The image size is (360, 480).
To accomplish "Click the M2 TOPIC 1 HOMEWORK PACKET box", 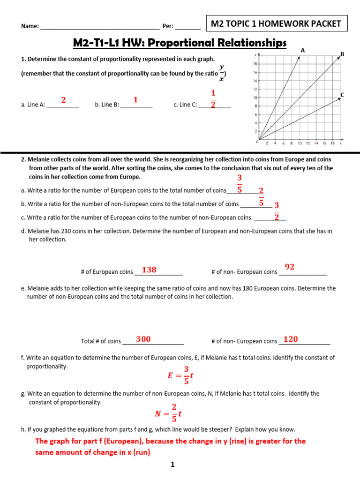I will click(277, 24).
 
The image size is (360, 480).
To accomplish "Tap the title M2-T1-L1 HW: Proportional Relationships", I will click(180, 43).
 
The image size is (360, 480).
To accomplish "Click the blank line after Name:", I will click(100, 26).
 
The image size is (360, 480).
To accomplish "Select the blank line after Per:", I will click(187, 26).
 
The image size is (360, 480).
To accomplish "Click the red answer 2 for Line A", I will click(63, 100).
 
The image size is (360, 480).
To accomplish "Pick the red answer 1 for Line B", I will click(135, 100).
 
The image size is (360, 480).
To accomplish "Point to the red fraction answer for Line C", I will click(213, 98).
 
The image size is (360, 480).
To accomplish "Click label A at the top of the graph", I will click(303, 50).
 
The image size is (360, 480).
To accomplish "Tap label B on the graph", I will click(342, 54).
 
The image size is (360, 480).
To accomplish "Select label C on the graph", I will click(342, 95).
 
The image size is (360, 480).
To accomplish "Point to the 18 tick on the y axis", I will click(255, 64).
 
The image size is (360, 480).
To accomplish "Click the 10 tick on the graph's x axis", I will click(300, 143).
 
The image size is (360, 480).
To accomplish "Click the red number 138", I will click(149, 270).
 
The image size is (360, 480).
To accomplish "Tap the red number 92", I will click(290, 267).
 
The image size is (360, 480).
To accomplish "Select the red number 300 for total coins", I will click(143, 339).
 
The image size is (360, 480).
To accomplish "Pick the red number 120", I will click(291, 339).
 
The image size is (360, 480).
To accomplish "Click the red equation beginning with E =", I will click(180, 375).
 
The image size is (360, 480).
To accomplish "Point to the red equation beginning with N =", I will click(168, 413).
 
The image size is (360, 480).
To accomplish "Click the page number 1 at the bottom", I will click(172, 465).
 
